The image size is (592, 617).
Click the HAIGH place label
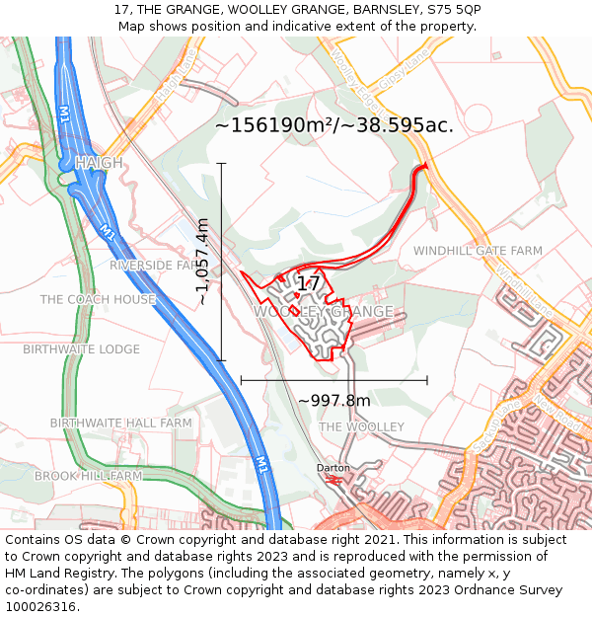(99, 162)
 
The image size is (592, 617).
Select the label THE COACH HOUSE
(98, 299)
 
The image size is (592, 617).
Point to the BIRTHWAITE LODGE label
(82, 349)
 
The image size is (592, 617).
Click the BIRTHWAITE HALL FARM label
(120, 423)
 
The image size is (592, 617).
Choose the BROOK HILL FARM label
(89, 476)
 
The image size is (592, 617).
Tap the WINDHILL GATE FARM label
(478, 251)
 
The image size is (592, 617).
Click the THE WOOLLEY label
(362, 426)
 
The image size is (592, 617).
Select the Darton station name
(333, 467)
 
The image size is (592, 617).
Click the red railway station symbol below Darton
(333, 480)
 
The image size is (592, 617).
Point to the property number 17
(309, 284)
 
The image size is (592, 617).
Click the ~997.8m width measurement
(333, 401)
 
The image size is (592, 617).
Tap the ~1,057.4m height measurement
(202, 262)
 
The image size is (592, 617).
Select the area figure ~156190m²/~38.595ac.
(334, 125)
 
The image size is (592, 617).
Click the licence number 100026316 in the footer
(40, 606)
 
